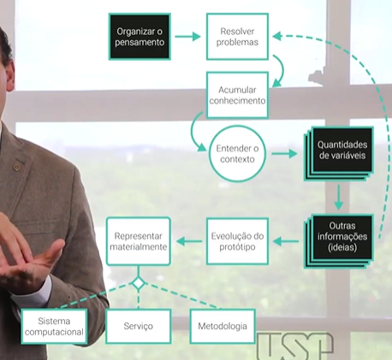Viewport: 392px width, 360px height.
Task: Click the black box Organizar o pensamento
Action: pos(140,37)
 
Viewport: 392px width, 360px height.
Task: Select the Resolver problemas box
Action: pos(237,37)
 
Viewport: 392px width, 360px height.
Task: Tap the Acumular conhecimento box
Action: pos(237,95)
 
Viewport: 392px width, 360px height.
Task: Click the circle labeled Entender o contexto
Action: pos(237,154)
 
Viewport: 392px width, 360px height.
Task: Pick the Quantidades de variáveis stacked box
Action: pos(339,154)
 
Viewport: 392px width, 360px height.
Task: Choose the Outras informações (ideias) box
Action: pos(339,241)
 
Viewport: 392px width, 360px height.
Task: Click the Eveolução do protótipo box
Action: pos(237,241)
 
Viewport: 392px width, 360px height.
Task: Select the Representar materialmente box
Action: pos(139,241)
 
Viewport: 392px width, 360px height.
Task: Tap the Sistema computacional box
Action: pos(54,326)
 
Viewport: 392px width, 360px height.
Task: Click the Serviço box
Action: pos(139,326)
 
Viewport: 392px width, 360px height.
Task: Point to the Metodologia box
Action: pos(223,326)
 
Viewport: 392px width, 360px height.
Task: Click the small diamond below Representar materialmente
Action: pos(139,284)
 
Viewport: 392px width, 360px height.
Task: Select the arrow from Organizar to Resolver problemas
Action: pos(187,37)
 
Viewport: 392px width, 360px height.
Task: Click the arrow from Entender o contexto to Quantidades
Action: pos(284,154)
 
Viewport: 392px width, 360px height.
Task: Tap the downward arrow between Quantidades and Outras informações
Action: pos(339,198)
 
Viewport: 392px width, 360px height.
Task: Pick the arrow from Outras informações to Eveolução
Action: pos(286,241)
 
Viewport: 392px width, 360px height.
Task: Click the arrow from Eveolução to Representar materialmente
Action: pos(189,241)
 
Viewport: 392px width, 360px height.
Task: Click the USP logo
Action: pos(295,345)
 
